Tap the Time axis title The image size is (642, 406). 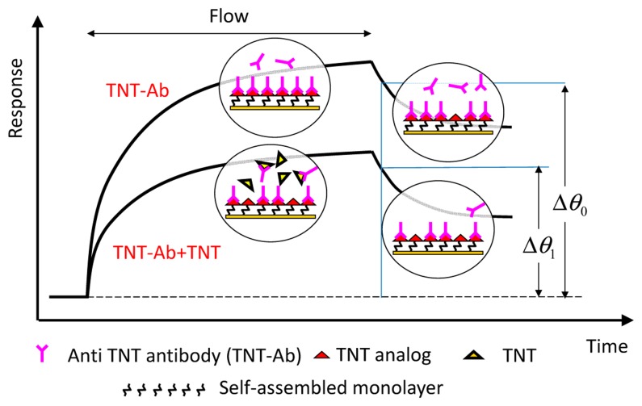608,347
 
